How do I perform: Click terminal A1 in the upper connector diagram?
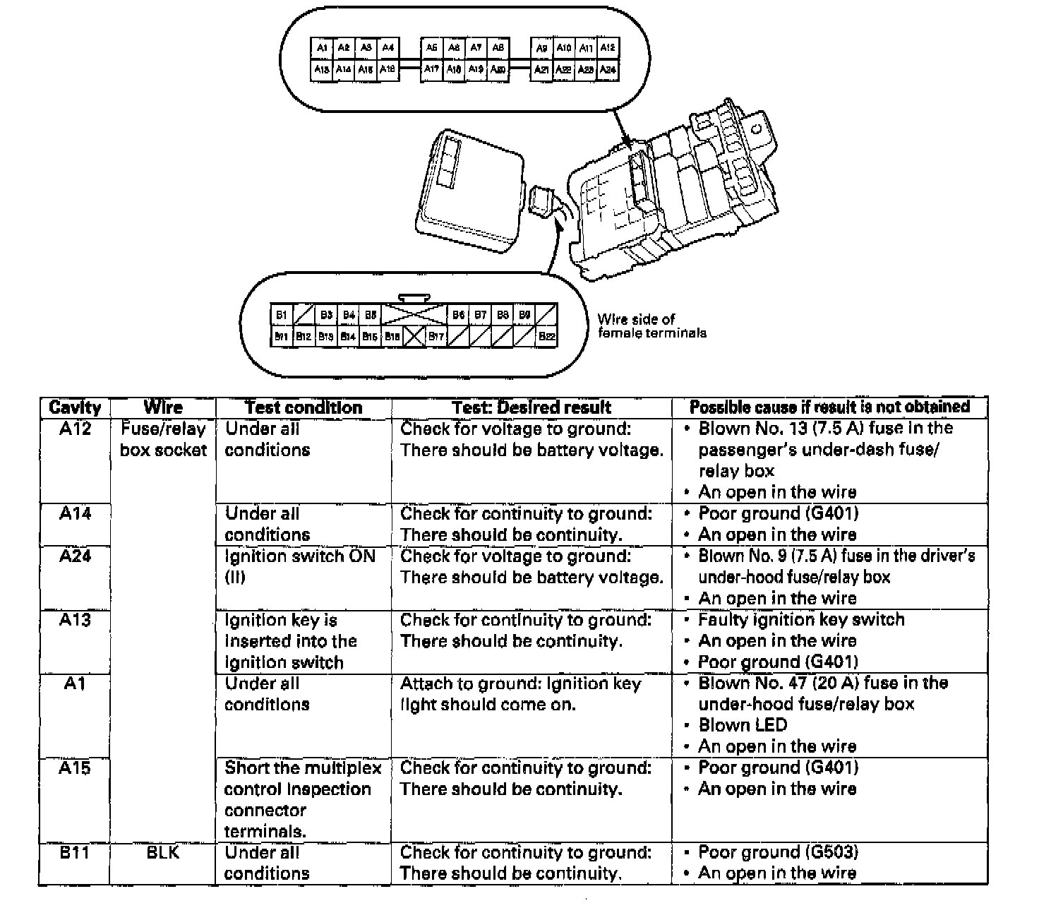point(322,48)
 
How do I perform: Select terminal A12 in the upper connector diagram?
point(608,48)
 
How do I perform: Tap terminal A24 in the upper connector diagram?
point(608,70)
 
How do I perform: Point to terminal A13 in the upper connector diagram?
point(322,70)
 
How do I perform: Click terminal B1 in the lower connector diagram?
point(282,315)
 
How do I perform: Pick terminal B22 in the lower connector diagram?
point(546,337)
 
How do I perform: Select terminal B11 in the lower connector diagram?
point(282,337)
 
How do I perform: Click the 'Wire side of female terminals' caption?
point(651,326)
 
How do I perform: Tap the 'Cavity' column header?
point(75,407)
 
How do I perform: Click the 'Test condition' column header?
point(304,407)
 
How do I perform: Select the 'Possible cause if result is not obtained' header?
point(829,407)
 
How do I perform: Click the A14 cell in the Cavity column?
point(75,513)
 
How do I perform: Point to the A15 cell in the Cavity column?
point(75,767)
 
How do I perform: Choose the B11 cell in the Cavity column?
point(75,852)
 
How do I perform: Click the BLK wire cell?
point(163,852)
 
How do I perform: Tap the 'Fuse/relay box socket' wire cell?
point(163,439)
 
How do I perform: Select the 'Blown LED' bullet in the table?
point(743,725)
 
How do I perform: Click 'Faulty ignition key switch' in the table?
point(801,620)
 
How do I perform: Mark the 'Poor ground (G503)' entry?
point(778,852)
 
